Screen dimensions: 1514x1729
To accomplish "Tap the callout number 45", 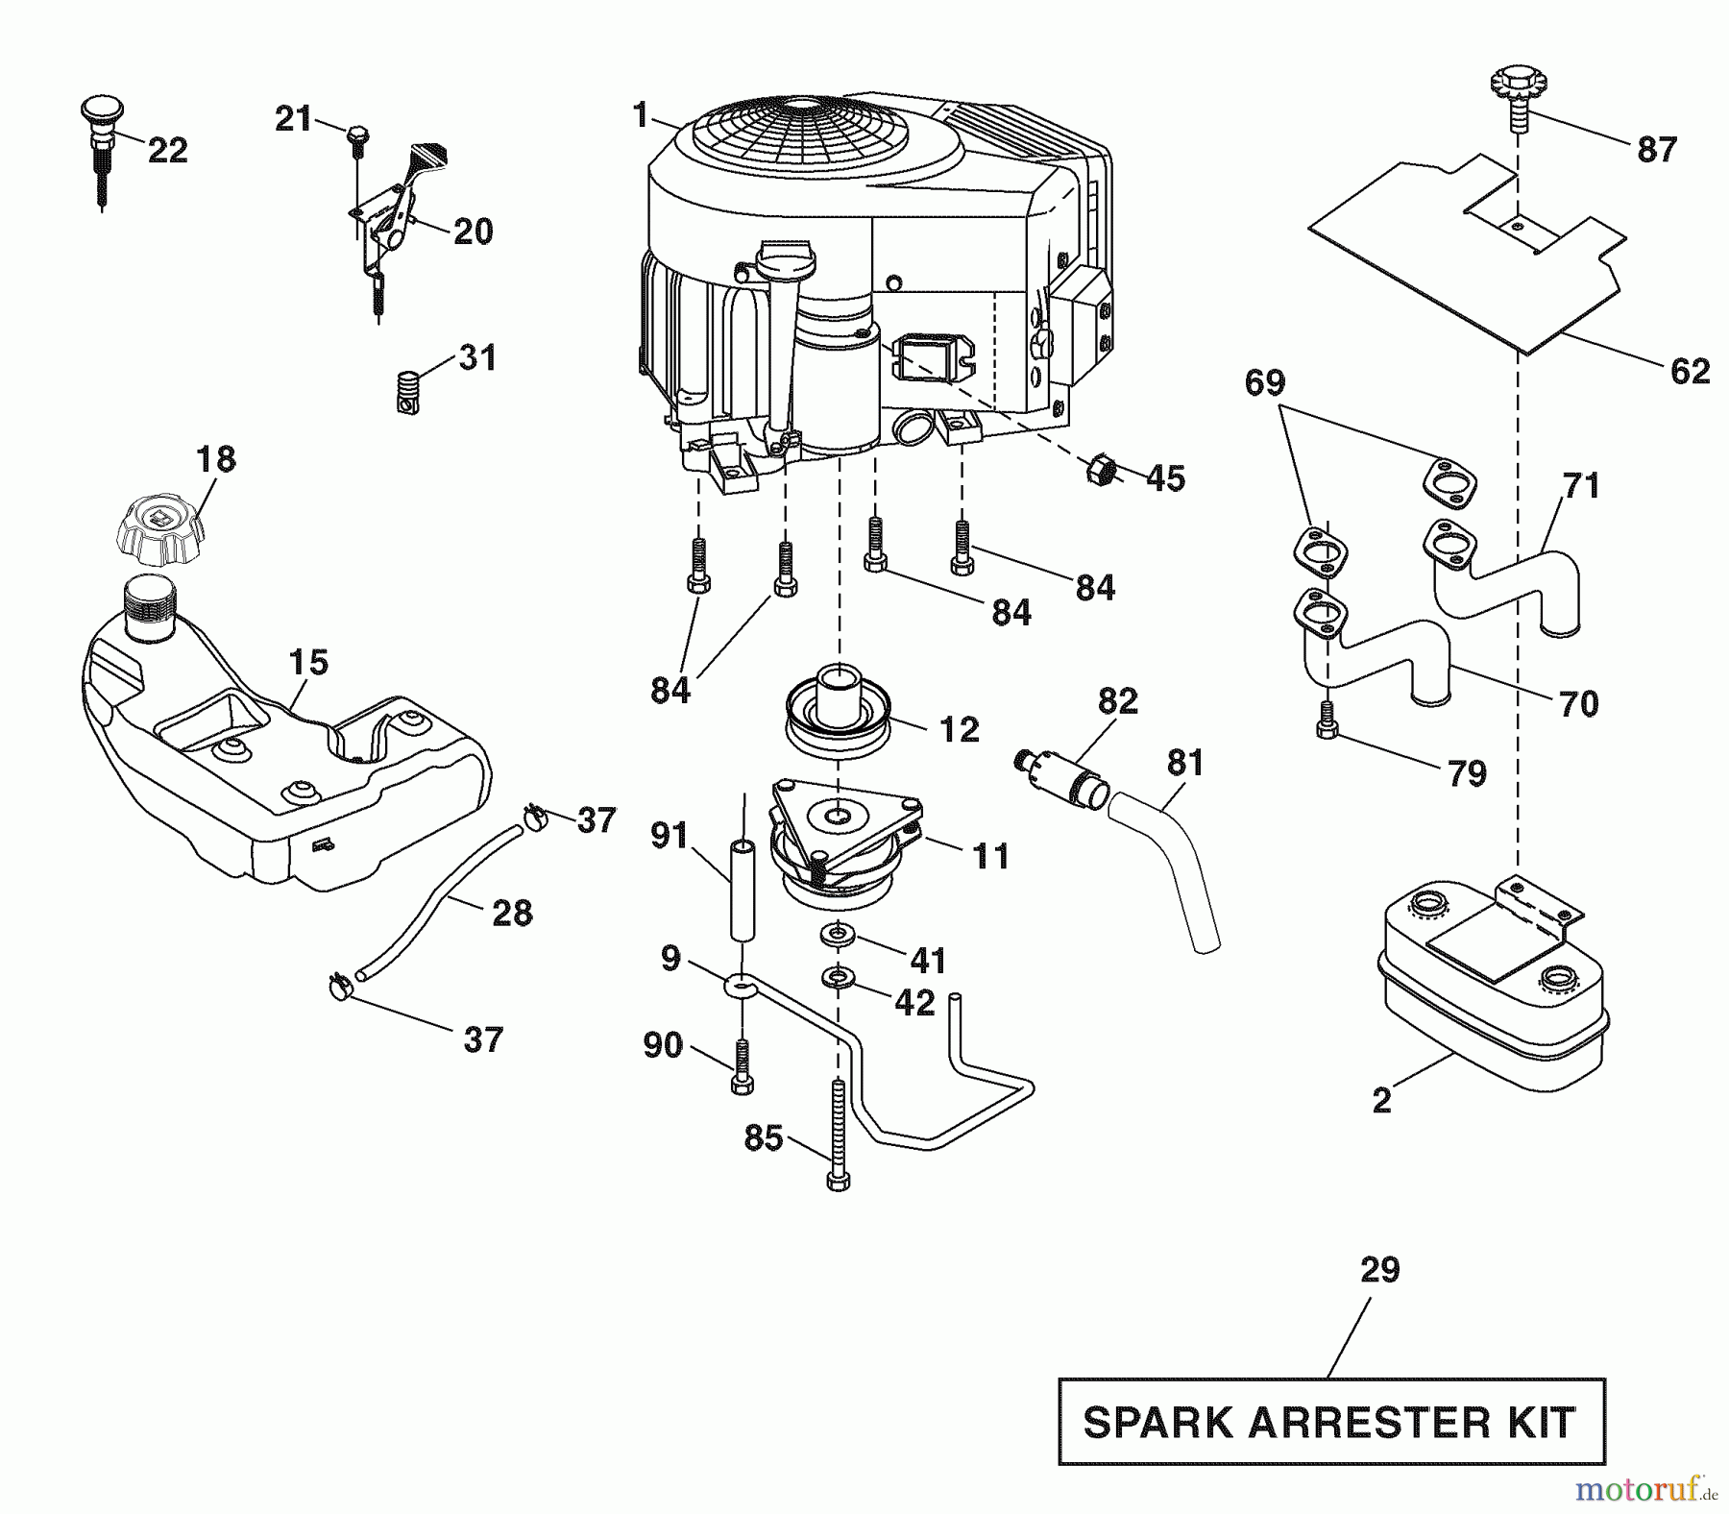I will (1166, 477).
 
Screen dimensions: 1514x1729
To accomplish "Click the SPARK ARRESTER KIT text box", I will (1330, 1422).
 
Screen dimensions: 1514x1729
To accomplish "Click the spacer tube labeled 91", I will (741, 890).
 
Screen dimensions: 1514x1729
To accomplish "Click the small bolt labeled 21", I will (356, 135).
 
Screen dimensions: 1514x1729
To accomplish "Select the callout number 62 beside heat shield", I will (1690, 371).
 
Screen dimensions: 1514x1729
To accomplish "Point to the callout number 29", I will (1380, 1270).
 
